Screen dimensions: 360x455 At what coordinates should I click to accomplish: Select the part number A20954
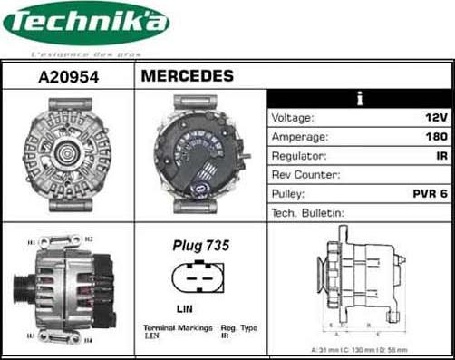pos(68,77)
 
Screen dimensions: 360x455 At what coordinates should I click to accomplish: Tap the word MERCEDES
pos(187,76)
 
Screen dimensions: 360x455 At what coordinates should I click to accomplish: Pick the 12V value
pos(436,118)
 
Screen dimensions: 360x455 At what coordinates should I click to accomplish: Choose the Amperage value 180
pos(435,136)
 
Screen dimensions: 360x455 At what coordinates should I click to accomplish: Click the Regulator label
pos(298,155)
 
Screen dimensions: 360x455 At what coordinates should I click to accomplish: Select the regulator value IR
pos(440,155)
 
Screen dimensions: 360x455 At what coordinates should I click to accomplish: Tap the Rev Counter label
pos(305,174)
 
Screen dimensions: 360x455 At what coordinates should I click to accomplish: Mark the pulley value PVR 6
pos(430,193)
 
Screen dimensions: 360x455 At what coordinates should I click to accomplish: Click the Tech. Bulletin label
pos(308,212)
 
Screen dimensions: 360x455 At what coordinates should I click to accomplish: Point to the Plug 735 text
pos(200,246)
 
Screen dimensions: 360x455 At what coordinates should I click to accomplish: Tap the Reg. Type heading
pos(239,327)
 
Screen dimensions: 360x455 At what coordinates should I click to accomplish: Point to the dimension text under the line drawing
pos(361,349)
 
